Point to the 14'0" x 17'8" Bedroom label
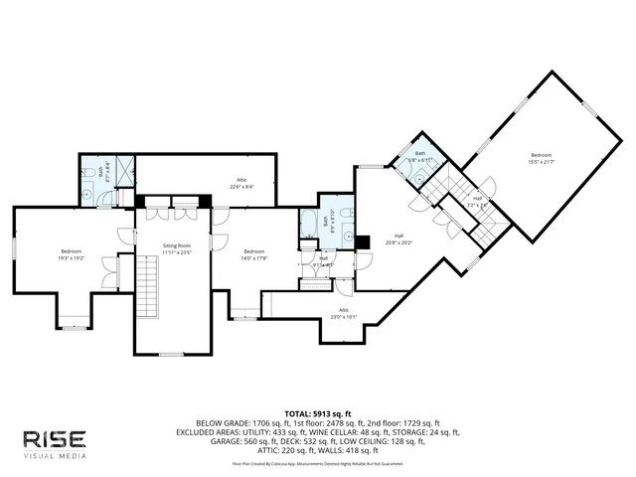[x=254, y=254]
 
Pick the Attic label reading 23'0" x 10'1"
[x=344, y=314]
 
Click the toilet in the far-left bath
[x=88, y=174]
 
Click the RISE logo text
[x=56, y=438]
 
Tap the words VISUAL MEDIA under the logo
[x=56, y=455]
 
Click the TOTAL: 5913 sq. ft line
[x=317, y=411]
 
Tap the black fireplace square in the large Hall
[x=365, y=239]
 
